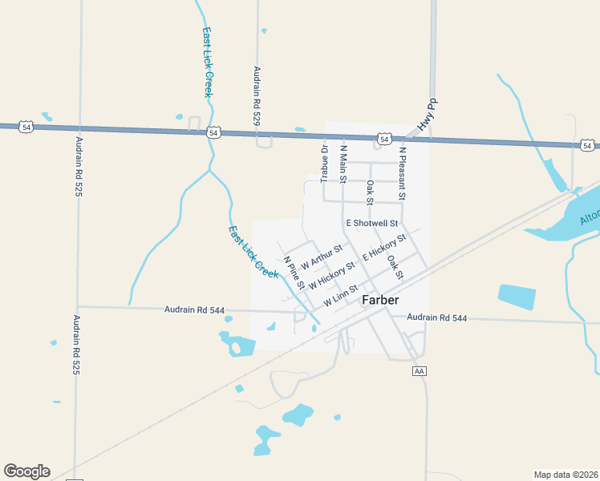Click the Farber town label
pos(381,300)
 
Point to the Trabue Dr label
pos(325,164)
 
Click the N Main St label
pos(344,163)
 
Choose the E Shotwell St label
pos(372,223)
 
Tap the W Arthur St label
pos(322,257)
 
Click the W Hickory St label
pos(331,273)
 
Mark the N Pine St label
pos(294,273)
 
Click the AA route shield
pos(419,371)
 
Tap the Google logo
pos(26,471)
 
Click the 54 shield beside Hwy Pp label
pos(385,139)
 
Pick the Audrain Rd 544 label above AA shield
pos(436,318)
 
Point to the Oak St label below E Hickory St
pos(395,267)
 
